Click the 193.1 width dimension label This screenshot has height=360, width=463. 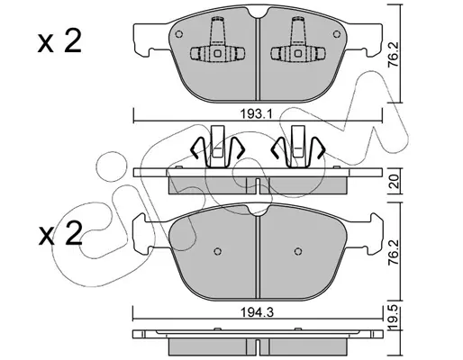(x=256, y=114)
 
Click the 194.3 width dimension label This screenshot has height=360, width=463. (x=257, y=313)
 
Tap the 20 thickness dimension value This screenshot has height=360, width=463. (x=395, y=181)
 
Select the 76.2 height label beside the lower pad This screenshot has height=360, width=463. (x=394, y=252)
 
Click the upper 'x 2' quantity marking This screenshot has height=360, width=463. (x=59, y=42)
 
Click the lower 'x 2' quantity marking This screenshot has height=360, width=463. (x=60, y=233)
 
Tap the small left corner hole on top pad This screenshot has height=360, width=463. (x=179, y=34)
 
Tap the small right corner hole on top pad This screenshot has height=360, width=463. (x=337, y=34)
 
